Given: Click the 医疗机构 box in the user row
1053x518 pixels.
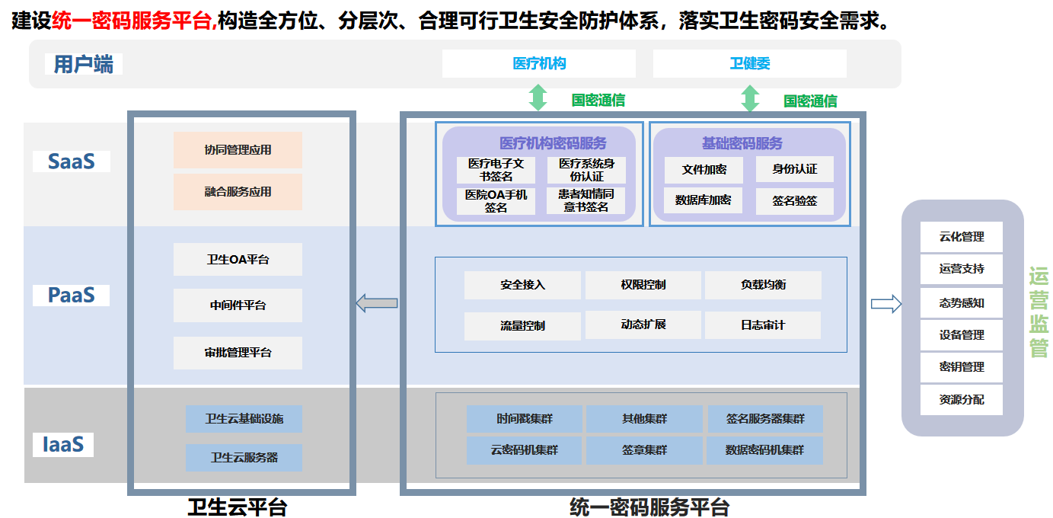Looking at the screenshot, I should point(538,64).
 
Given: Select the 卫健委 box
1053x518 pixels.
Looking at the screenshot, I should point(749,64).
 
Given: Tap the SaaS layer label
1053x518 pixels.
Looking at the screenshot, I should point(72,161).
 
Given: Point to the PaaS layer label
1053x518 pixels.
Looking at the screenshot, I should point(71,295).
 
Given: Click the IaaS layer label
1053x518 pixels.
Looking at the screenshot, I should point(62,444).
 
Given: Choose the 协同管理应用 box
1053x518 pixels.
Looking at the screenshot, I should point(238,150).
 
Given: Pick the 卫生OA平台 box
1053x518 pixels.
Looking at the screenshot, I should point(238,260).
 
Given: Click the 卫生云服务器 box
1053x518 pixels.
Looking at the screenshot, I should point(244,458).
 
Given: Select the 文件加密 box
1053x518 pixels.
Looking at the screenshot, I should point(704,169).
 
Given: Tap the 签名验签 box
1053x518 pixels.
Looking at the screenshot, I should point(794,201).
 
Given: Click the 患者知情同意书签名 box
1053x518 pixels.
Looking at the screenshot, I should point(586,200).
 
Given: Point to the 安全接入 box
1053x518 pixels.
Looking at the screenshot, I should point(522,285).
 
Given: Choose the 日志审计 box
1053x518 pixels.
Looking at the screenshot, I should point(762,325).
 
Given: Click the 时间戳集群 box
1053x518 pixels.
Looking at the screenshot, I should point(524,419).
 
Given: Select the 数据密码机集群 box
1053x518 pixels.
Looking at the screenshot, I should point(764,450).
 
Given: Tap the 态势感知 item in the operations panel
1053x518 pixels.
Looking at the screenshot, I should point(961,302).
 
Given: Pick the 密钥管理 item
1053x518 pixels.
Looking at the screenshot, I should point(961,366).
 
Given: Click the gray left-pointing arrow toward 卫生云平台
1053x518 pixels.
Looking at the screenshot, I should point(377,303).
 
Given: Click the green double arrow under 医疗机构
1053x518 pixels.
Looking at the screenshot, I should point(538,98).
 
